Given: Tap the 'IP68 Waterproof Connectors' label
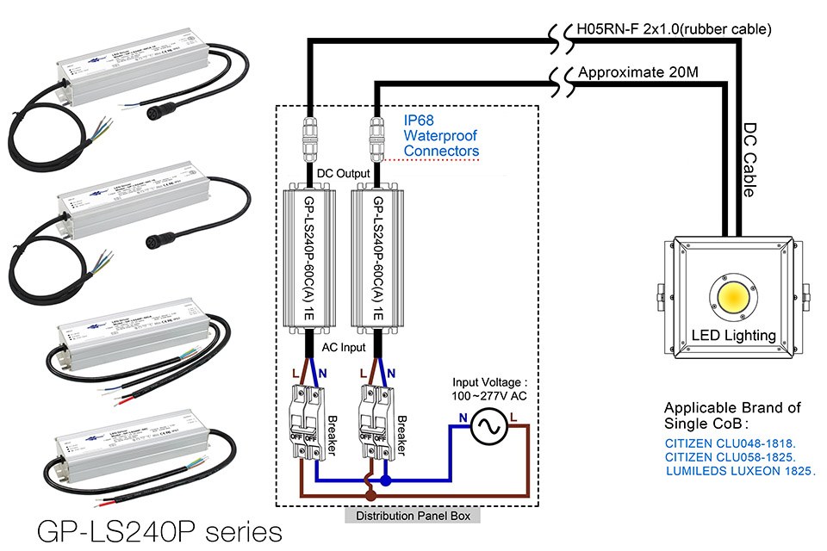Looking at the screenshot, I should (x=441, y=136).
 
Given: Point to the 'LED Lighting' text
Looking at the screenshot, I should (x=733, y=335).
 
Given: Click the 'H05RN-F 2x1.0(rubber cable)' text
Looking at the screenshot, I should (x=672, y=29).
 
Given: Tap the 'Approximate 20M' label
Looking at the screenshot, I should (x=637, y=72).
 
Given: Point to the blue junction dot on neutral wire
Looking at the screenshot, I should (x=386, y=480).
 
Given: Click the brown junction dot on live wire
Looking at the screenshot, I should (x=370, y=496).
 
